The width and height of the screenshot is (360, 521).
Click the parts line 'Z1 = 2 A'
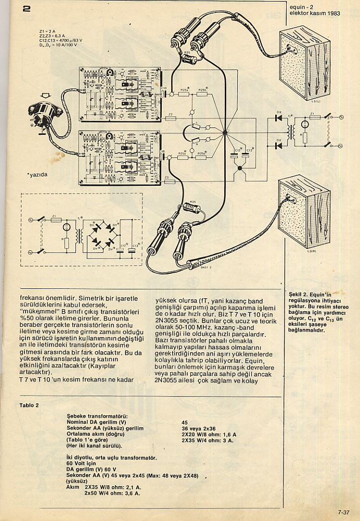(x=47, y=31)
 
